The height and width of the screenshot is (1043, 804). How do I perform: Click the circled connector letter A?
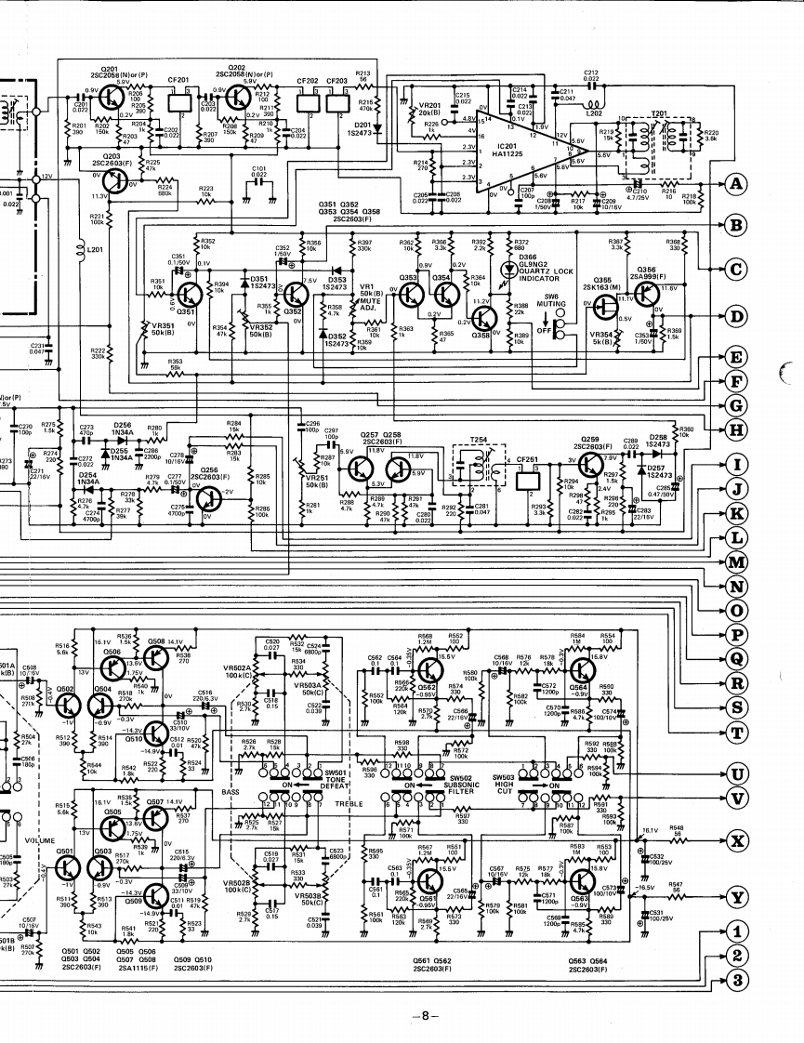pyautogui.click(x=737, y=185)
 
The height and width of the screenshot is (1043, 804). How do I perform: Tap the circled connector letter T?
pyautogui.click(x=737, y=733)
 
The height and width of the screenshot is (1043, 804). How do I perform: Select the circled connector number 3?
pyautogui.click(x=737, y=979)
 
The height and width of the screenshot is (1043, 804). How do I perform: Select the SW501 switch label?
pyautogui.click(x=334, y=772)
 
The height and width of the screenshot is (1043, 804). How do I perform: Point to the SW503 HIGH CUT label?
pyautogui.click(x=504, y=784)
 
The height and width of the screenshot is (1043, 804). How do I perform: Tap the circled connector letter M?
pyautogui.click(x=737, y=561)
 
